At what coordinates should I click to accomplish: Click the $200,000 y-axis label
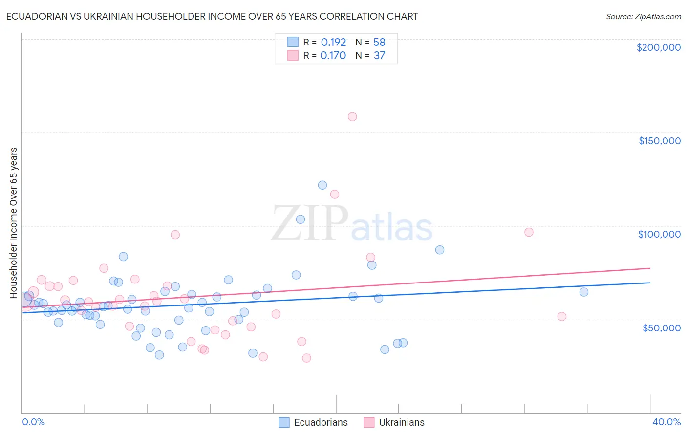658,47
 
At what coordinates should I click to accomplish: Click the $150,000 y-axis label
659,141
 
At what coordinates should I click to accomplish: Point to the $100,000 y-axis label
659,234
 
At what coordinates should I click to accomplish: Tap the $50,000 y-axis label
661,327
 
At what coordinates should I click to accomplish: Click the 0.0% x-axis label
33,422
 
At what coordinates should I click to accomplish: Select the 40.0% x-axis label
666,422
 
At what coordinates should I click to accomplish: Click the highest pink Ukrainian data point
352,117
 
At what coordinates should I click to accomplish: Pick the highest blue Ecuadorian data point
322,185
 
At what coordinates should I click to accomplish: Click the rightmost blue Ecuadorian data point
583,292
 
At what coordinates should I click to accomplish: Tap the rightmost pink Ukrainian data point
562,317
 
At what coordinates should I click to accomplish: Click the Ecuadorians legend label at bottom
321,422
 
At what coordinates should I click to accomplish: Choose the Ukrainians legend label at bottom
402,422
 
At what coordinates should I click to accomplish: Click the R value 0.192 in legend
333,43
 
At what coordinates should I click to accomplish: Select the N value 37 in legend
379,56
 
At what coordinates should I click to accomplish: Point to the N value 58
379,43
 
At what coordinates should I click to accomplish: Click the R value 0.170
333,56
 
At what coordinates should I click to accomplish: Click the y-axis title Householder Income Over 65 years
14,222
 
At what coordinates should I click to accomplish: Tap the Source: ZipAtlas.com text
643,17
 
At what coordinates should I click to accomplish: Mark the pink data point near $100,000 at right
529,232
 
